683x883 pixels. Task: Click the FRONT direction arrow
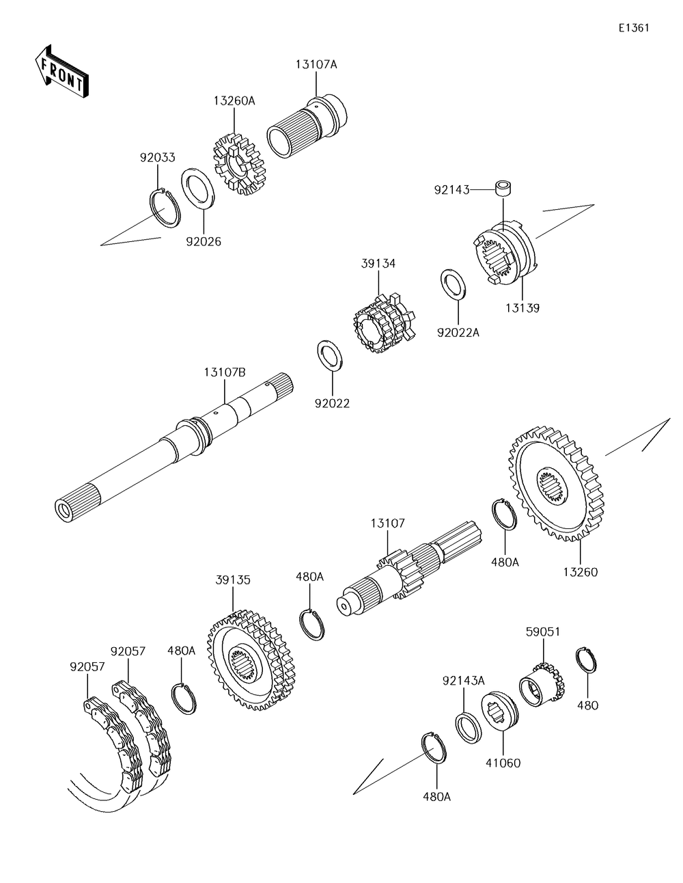pos(61,70)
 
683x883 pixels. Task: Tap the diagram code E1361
pos(634,27)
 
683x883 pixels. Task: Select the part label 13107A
pos(316,64)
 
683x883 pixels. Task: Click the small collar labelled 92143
pos(503,189)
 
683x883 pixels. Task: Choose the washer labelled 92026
pos(198,189)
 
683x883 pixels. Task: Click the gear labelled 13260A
pos(239,163)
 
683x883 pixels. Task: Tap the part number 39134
pos(378,263)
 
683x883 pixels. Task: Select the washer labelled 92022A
pos(453,284)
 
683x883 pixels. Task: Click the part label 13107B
pos(225,372)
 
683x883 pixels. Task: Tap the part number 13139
pos(522,308)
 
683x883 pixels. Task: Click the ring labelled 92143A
pos(468,728)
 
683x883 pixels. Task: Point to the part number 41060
pos(503,763)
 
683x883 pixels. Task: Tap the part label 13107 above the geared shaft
pos(387,524)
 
